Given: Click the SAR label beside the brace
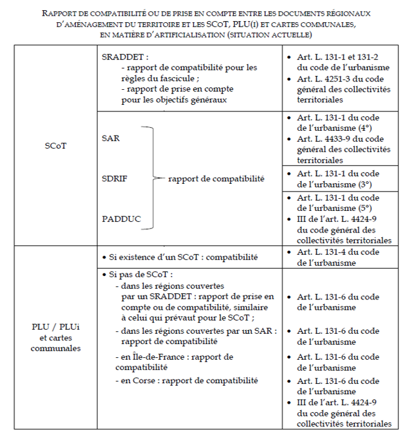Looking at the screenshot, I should tap(111, 138).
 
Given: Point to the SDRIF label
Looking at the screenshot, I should tap(114, 178).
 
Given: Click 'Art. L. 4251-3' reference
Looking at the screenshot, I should tap(326, 79).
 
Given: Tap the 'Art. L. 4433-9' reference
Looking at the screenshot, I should tap(326, 139).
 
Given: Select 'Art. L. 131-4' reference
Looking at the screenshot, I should tap(325, 252).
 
